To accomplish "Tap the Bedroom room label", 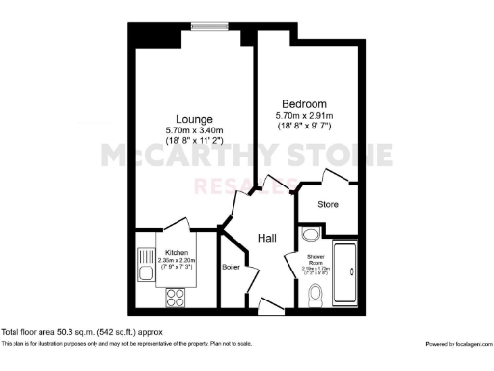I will pyautogui.click(x=303, y=104).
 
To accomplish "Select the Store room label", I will pyautogui.click(x=327, y=205).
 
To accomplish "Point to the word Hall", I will pyautogui.click(x=268, y=238).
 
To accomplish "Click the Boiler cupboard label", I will pyautogui.click(x=231, y=266).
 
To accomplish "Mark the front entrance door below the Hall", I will pyautogui.click(x=271, y=307).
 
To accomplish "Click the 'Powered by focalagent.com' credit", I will pyautogui.click(x=458, y=344).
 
